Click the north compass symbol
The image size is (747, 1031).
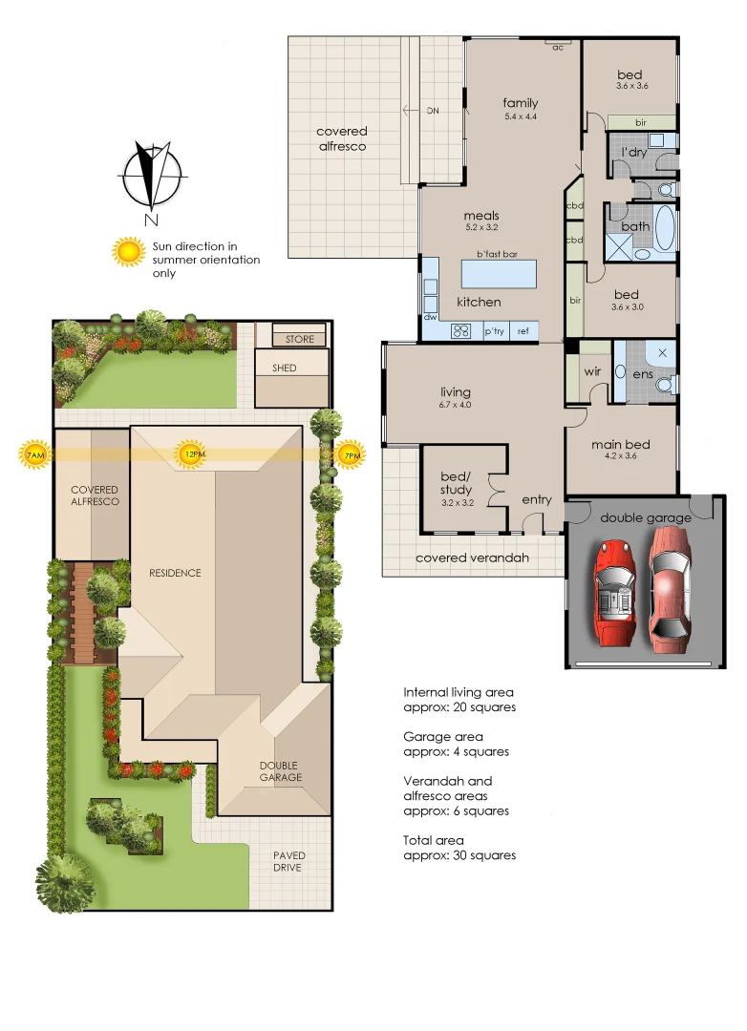[x=151, y=177]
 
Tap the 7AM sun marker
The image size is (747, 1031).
[x=34, y=455]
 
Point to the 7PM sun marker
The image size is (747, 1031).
[x=352, y=455]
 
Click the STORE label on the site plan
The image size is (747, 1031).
[x=299, y=339]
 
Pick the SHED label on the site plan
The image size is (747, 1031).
[x=285, y=368]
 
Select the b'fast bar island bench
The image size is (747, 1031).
[x=500, y=274]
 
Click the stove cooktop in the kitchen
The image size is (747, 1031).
[x=461, y=331]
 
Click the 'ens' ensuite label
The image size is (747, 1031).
[x=642, y=374]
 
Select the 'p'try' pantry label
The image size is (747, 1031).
[x=494, y=331]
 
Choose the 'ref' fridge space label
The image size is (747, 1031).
[x=523, y=331]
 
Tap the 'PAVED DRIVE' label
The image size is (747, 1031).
[x=287, y=861]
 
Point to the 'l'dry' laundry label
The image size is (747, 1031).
[x=634, y=152]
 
